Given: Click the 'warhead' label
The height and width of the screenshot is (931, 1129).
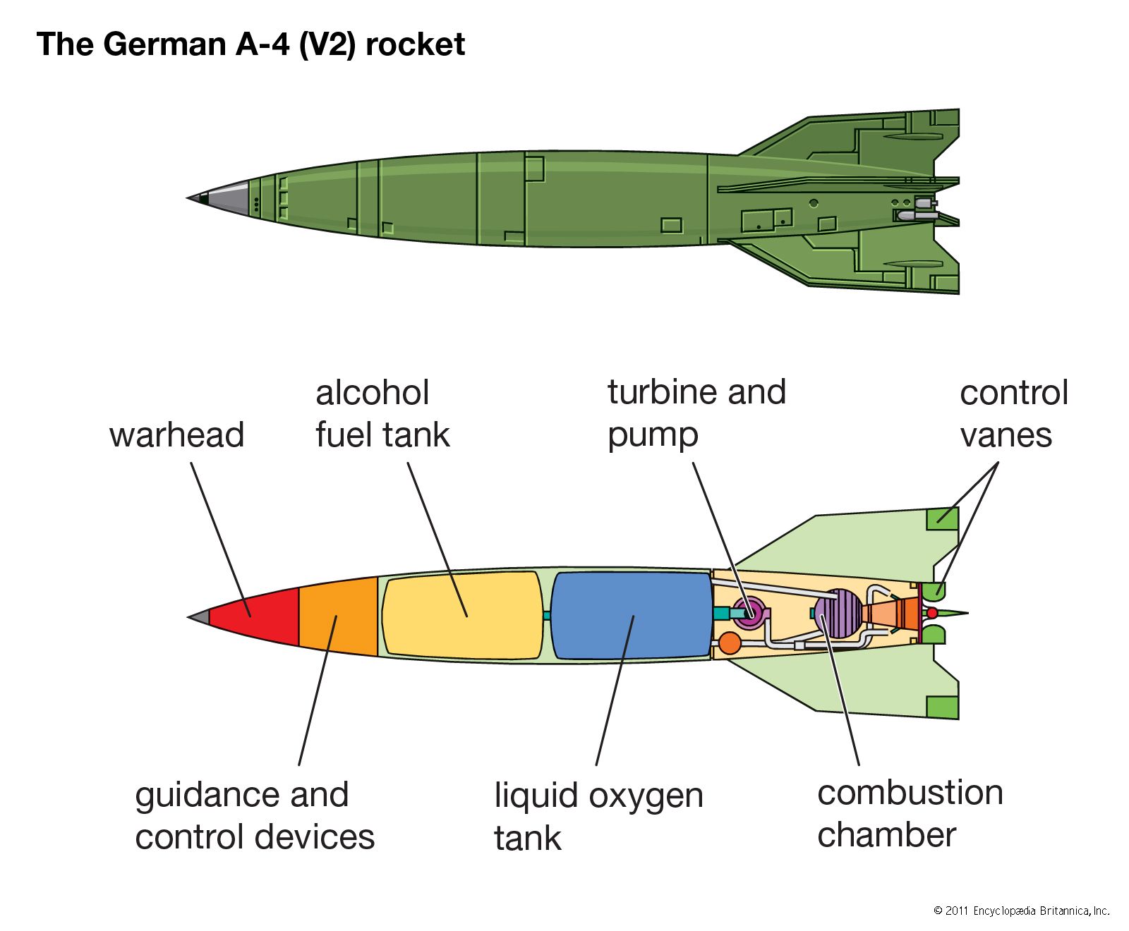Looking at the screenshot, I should click(176, 434).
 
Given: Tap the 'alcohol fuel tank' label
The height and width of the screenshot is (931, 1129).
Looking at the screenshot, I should click(382, 413).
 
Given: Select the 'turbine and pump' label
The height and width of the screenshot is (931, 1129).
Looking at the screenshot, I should click(696, 413).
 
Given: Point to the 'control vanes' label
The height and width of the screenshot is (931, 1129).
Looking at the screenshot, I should click(1013, 413).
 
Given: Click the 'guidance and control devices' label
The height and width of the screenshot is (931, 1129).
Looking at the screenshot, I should click(254, 815).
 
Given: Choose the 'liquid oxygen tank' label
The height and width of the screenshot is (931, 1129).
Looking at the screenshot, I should click(598, 817).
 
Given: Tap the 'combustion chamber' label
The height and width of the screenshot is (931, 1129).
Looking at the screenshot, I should click(910, 814).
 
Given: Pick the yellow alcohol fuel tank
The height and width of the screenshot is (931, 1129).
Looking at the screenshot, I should click(462, 616).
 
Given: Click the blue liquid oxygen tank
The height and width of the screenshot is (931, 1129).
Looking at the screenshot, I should click(630, 616).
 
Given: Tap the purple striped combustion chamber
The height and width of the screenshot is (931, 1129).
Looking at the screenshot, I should click(837, 614).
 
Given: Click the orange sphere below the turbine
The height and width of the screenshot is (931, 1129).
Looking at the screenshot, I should click(729, 643).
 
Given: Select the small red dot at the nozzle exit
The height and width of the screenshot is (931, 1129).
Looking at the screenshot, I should click(931, 613).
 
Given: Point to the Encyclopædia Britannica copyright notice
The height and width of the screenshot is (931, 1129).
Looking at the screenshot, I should click(1021, 911).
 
